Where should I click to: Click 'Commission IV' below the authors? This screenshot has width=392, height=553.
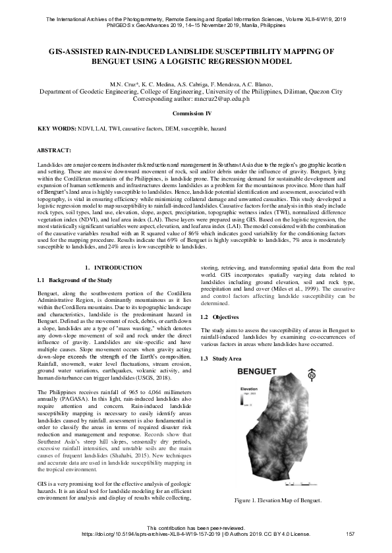[x=196, y=114]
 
